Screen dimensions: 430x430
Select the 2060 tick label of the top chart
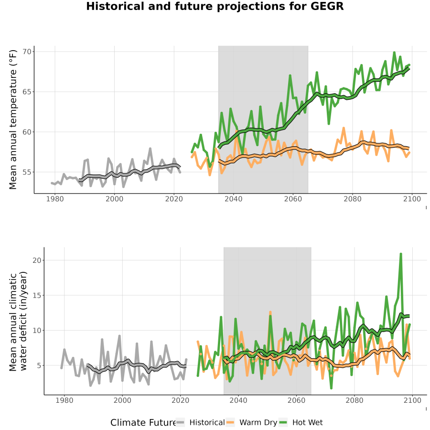(x=293, y=199)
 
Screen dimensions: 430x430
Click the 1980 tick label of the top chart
(x=55, y=199)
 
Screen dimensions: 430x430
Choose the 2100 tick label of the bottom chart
(x=412, y=400)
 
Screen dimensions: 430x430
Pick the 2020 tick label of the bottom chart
(x=181, y=400)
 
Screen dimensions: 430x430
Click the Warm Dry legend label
(x=258, y=423)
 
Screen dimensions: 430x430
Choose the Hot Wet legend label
(x=307, y=423)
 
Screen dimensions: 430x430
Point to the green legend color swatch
(x=283, y=423)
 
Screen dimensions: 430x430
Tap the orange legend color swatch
(x=230, y=423)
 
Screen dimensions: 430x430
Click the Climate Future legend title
(x=143, y=423)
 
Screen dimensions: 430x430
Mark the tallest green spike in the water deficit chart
(x=401, y=254)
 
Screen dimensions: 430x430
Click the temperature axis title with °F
(x=13, y=119)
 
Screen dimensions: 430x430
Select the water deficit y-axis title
(x=18, y=321)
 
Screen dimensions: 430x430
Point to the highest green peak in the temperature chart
(x=394, y=53)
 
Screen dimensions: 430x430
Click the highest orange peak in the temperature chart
(x=344, y=128)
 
